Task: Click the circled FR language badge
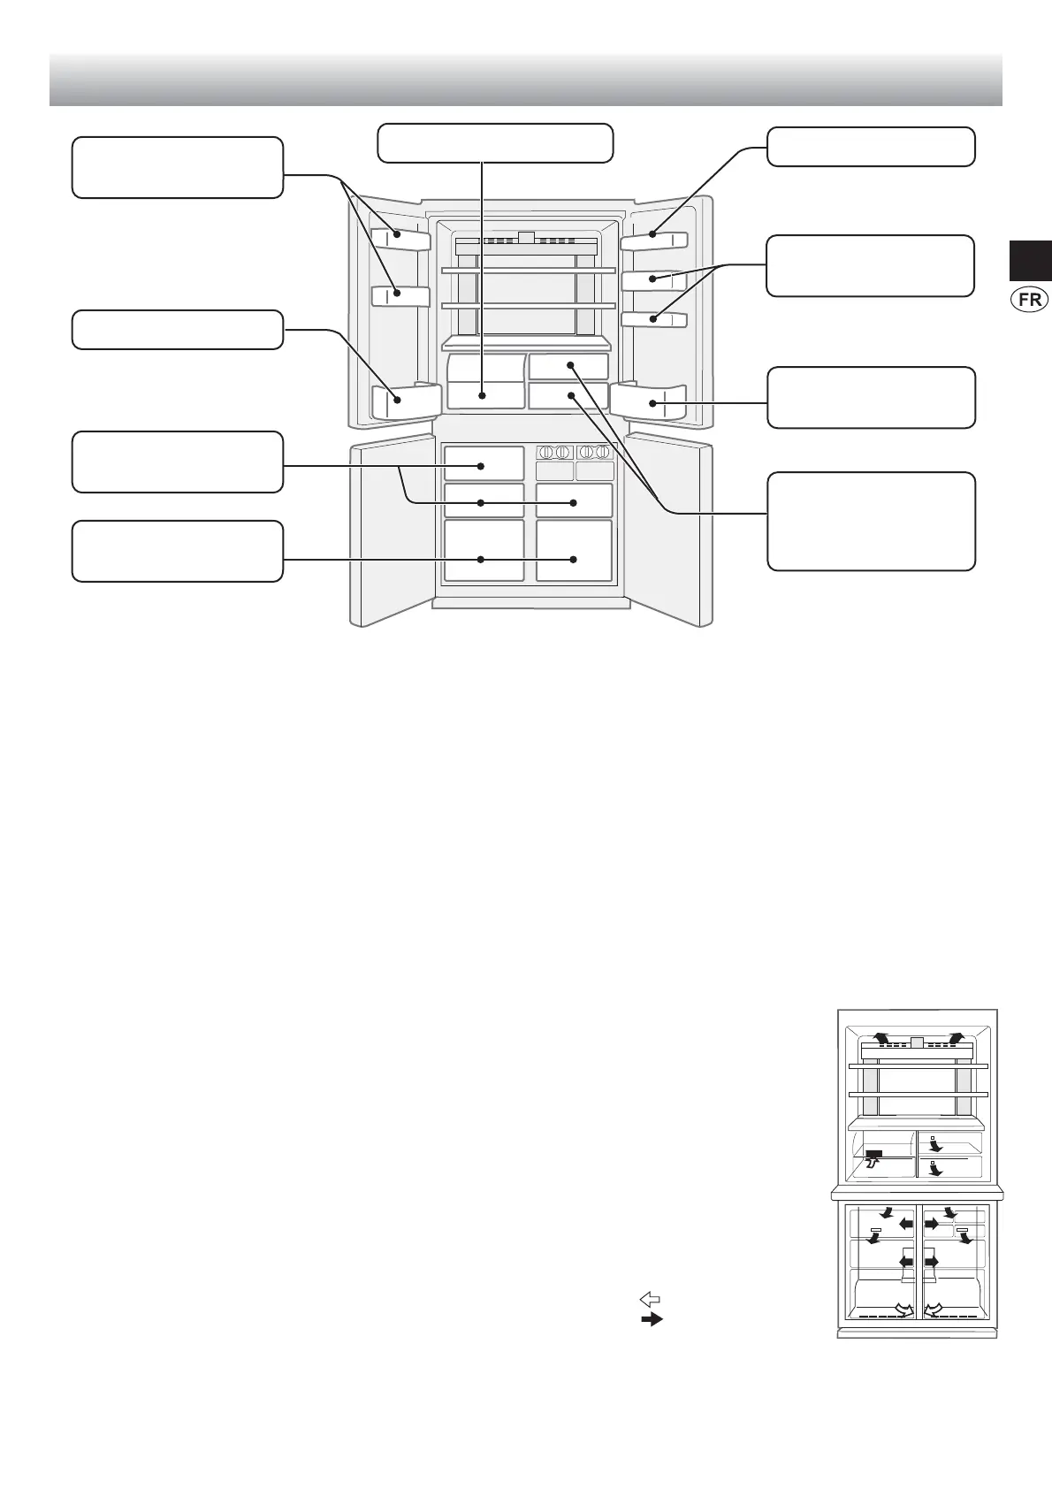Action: point(1028,299)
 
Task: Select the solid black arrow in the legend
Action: point(651,1319)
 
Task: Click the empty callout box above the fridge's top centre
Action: point(495,143)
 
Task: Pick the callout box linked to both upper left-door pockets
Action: point(177,167)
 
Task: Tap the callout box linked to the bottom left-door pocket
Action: point(177,329)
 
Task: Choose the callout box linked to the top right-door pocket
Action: point(871,147)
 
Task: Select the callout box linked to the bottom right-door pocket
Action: point(871,398)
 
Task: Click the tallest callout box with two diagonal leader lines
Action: point(871,522)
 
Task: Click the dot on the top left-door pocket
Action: point(398,235)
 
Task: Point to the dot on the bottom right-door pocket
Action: point(653,403)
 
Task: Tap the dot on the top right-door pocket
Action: point(653,234)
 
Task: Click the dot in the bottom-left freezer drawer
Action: point(481,559)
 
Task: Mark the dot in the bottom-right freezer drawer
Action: point(574,559)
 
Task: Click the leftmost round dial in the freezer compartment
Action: point(545,452)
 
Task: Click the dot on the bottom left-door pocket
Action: point(398,400)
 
